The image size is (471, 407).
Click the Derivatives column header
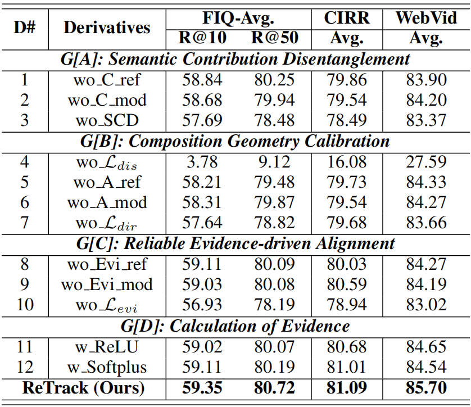click(107, 28)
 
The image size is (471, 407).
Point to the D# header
click(25, 28)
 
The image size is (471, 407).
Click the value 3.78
click(202, 162)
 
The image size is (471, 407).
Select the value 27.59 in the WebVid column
click(426, 162)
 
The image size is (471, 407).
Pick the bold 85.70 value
click(426, 387)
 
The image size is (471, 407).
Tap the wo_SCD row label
click(107, 120)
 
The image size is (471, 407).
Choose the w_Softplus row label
click(107, 368)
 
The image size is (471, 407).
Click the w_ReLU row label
click(107, 347)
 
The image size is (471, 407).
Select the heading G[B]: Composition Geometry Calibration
click(235, 141)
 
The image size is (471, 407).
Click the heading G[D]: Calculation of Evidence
click(235, 326)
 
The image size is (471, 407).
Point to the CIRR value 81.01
click(347, 368)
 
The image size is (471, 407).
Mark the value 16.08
click(347, 162)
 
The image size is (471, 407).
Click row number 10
click(25, 305)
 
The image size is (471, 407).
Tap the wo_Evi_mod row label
click(107, 284)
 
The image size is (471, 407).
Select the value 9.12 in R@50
click(274, 162)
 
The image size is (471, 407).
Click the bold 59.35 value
click(202, 387)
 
